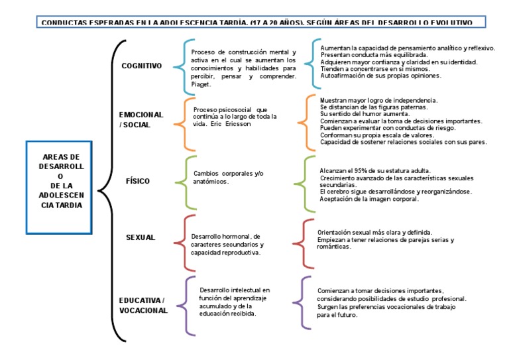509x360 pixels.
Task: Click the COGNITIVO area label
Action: pyautogui.click(x=142, y=66)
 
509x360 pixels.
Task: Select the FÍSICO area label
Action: pyautogui.click(x=138, y=180)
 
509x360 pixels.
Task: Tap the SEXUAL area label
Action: pyautogui.click(x=140, y=237)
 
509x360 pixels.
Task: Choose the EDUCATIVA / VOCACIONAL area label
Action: pyautogui.click(x=143, y=305)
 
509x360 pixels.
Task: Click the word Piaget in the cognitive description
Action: pyautogui.click(x=201, y=84)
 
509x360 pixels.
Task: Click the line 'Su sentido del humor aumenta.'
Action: pyautogui.click(x=361, y=114)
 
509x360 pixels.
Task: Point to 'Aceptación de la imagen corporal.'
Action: pyautogui.click(x=368, y=199)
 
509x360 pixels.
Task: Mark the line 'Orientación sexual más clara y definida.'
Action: pyautogui.click(x=375, y=233)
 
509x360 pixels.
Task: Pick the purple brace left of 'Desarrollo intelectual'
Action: pyautogui.click(x=189, y=304)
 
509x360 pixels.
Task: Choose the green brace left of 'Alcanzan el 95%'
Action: pyautogui.click(x=308, y=180)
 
